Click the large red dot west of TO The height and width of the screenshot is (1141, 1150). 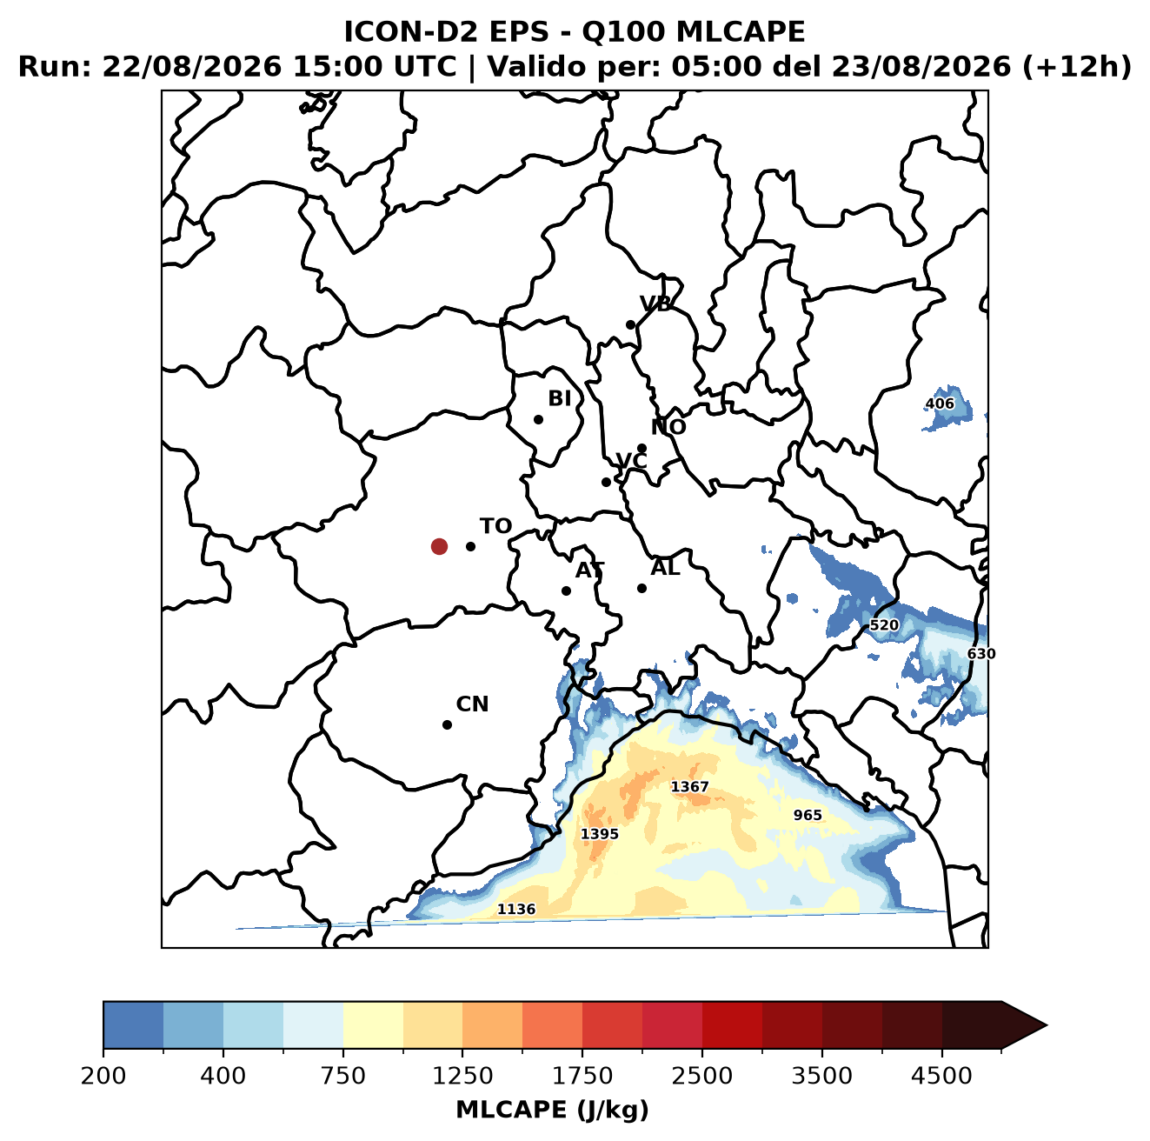(x=439, y=546)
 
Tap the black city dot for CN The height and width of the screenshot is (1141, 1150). (x=447, y=724)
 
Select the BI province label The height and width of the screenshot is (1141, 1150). (x=559, y=398)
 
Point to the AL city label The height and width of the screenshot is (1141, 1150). (x=665, y=567)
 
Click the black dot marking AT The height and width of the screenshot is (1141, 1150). (x=566, y=591)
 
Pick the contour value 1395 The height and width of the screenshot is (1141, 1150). (x=599, y=833)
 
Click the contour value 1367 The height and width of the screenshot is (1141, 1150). (x=689, y=786)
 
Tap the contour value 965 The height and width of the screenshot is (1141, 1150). (x=807, y=815)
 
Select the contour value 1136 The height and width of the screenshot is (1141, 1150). (x=516, y=909)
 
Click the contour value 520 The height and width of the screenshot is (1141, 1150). (x=884, y=625)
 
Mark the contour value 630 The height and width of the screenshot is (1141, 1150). (x=981, y=654)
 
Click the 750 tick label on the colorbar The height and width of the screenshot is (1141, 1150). (x=342, y=1076)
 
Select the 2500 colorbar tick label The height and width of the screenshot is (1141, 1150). (x=701, y=1076)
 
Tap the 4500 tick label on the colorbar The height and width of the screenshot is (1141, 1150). (x=941, y=1076)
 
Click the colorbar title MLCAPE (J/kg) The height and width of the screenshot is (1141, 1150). (x=552, y=1110)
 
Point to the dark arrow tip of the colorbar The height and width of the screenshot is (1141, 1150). (x=1047, y=1025)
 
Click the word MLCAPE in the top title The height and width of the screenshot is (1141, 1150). (x=740, y=31)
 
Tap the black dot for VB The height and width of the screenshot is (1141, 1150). (x=630, y=324)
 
